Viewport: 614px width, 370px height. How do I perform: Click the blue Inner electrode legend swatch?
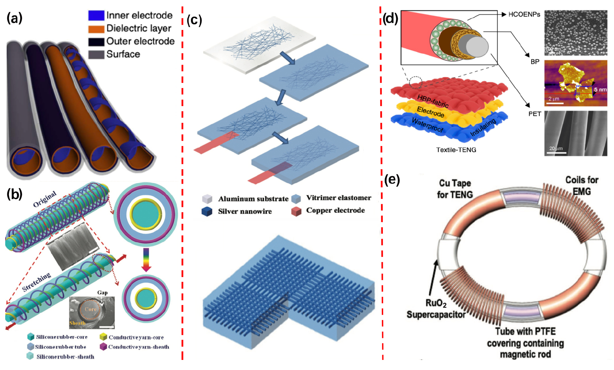pyautogui.click(x=96, y=16)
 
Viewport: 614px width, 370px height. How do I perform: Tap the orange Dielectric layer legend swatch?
pyautogui.click(x=96, y=29)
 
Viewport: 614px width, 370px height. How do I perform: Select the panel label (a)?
pyautogui.click(x=15, y=18)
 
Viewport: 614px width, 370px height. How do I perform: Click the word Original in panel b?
pyautogui.click(x=44, y=199)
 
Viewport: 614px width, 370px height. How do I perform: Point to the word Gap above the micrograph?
pyautogui.click(x=102, y=292)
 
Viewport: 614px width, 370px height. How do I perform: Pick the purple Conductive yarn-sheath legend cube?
pyautogui.click(x=103, y=347)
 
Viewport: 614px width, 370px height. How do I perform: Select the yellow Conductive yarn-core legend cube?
pyautogui.click(x=103, y=337)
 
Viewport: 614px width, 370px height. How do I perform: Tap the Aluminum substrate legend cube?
pyautogui.click(x=207, y=199)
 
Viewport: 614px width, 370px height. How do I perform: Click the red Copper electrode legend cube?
pyautogui.click(x=296, y=211)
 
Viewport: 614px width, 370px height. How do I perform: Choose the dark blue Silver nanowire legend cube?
pyautogui.click(x=207, y=212)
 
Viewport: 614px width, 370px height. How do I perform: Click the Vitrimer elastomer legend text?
pyautogui.click(x=338, y=198)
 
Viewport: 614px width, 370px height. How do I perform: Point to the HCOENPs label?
pyautogui.click(x=524, y=15)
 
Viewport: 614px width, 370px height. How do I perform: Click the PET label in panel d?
pyautogui.click(x=534, y=114)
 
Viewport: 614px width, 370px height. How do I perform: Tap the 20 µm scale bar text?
pyautogui.click(x=556, y=148)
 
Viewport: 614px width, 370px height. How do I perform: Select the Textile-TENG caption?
pyautogui.click(x=456, y=150)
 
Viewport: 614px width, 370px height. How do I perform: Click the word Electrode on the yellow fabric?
pyautogui.click(x=431, y=112)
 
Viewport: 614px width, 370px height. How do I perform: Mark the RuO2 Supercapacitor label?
pyautogui.click(x=436, y=309)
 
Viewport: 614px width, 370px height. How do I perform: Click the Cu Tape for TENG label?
pyautogui.click(x=455, y=189)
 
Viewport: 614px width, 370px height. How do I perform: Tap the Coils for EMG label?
pyautogui.click(x=582, y=186)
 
